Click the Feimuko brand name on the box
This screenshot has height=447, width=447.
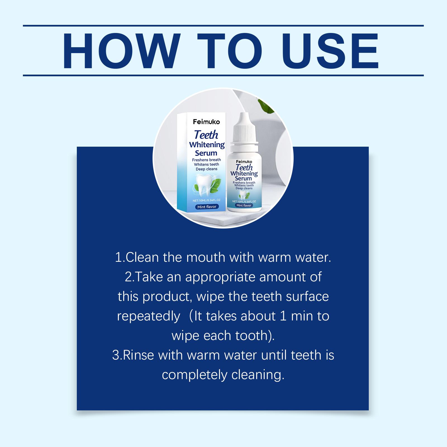206,122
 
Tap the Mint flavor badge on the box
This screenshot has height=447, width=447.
207,207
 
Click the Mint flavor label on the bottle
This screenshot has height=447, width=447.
244,205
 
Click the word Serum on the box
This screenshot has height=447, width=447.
206,153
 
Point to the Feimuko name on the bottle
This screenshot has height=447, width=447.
244,161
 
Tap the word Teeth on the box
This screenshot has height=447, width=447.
206,135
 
